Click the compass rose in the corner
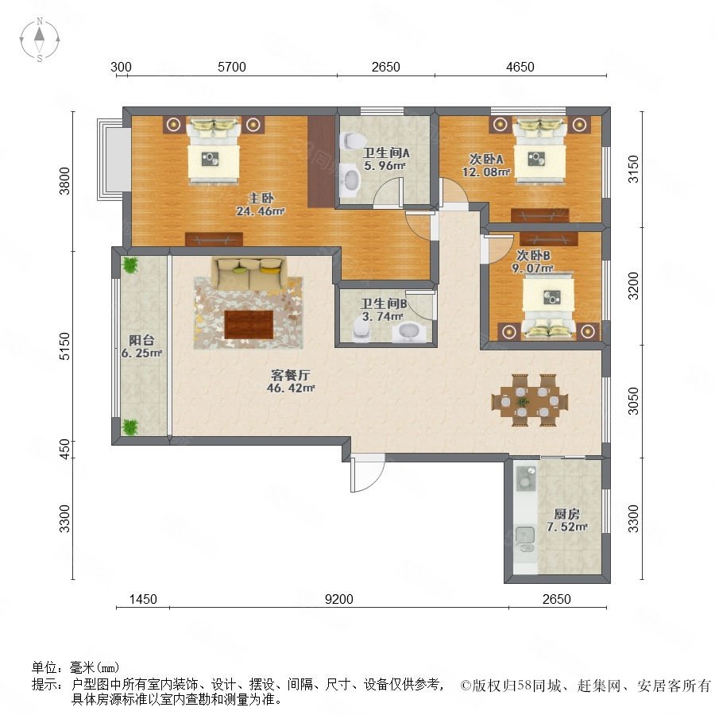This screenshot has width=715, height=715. pos(40,39)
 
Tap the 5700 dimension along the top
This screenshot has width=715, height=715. pos(232,67)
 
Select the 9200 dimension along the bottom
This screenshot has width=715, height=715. pos(338,599)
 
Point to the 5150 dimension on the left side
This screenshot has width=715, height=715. pos(65,346)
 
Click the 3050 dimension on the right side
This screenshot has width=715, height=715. pos(633,401)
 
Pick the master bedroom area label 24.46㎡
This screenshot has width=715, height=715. pos(261,211)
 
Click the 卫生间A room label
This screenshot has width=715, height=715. pos(386,153)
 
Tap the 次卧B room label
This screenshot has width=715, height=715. pos(532,254)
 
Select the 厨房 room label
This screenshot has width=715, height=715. pos(566,514)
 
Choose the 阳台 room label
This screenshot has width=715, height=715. pos(141,340)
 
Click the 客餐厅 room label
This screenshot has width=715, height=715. pos(291,375)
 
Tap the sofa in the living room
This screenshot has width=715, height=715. pos(249,272)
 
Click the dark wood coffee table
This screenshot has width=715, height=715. pos(249,324)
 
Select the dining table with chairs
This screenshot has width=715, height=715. pos(530,400)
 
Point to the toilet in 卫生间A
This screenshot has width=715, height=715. pos(350,141)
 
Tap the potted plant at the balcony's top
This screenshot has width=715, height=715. pos(130,265)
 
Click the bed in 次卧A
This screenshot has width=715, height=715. pos(539,150)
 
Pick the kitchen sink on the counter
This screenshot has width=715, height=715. pos(525,535)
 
